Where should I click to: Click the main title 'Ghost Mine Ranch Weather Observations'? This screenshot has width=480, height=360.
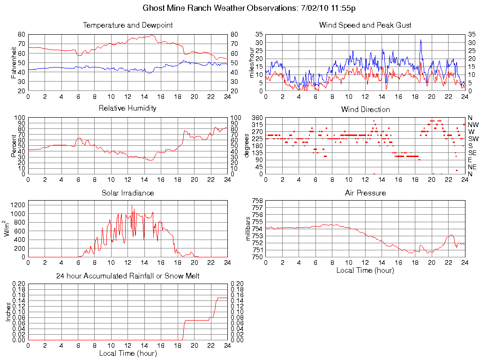pos(218,8)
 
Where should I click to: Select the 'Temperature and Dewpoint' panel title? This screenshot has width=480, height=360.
pos(127,25)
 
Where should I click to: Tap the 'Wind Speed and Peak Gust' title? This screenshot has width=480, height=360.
pos(365,25)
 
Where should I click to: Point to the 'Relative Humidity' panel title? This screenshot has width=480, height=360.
pos(127,108)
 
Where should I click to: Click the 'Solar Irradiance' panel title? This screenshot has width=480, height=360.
pos(127,193)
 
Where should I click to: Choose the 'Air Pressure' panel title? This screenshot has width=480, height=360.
pos(365,193)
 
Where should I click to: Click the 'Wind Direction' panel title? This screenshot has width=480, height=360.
pos(365,110)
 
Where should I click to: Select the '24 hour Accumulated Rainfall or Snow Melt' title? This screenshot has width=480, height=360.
pos(127,276)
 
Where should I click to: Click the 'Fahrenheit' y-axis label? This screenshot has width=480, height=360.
pos(14,62)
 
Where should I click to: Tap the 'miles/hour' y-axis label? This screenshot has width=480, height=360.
pos(252,62)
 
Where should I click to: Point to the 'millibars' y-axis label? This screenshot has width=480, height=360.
pos(249,229)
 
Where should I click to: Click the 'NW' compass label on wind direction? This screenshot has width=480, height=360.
pos(473,125)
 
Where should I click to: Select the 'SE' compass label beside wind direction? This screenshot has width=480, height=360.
pos(472,153)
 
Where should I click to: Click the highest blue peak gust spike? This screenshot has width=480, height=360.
pos(421,40)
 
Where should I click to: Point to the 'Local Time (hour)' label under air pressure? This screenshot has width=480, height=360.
pos(365,270)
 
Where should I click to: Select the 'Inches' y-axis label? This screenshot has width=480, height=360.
pos(8,311)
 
